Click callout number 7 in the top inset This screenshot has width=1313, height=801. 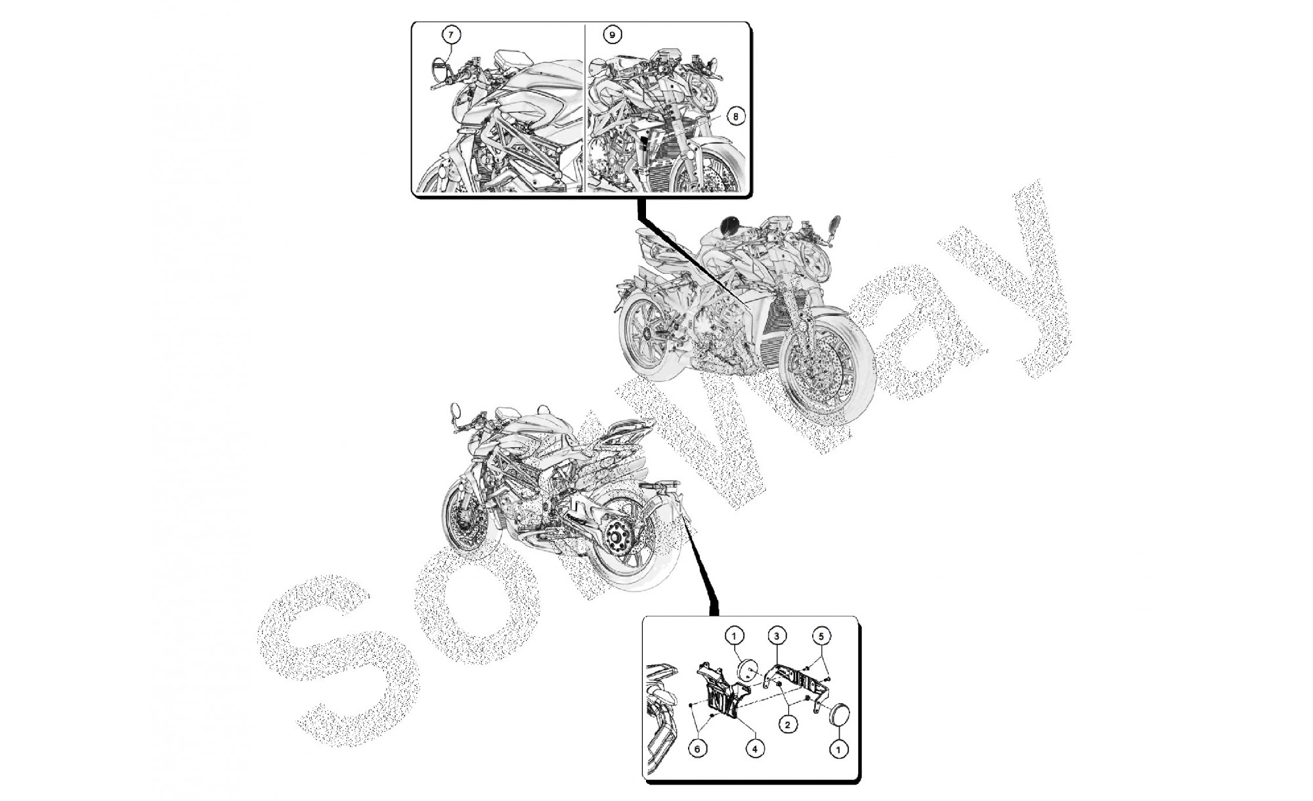pyautogui.click(x=451, y=34)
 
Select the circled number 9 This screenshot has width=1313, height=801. pyautogui.click(x=612, y=34)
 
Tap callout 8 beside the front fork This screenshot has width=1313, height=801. pyautogui.click(x=735, y=116)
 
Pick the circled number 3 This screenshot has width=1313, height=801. pyautogui.click(x=777, y=636)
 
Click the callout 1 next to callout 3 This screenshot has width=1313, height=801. pyautogui.click(x=734, y=636)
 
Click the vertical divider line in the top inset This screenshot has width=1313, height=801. pyautogui.click(x=584, y=108)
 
